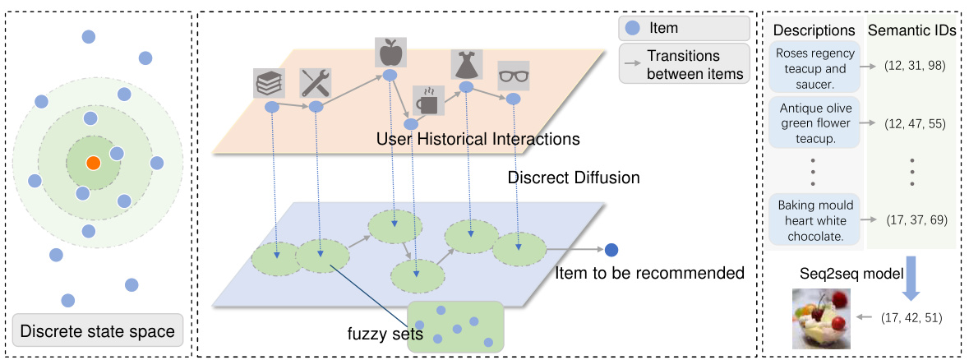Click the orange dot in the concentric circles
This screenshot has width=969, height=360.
click(x=94, y=163)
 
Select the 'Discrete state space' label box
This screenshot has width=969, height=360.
click(x=97, y=332)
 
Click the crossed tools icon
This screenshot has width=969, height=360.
click(x=316, y=83)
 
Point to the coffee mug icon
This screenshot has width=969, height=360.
click(x=427, y=101)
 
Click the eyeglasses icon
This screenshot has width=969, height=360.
click(x=513, y=77)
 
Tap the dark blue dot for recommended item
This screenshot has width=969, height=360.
click(x=611, y=250)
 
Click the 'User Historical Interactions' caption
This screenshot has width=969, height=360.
click(x=478, y=139)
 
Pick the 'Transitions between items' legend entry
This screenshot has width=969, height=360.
click(x=684, y=64)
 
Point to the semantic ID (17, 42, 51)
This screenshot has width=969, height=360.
click(x=911, y=316)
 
